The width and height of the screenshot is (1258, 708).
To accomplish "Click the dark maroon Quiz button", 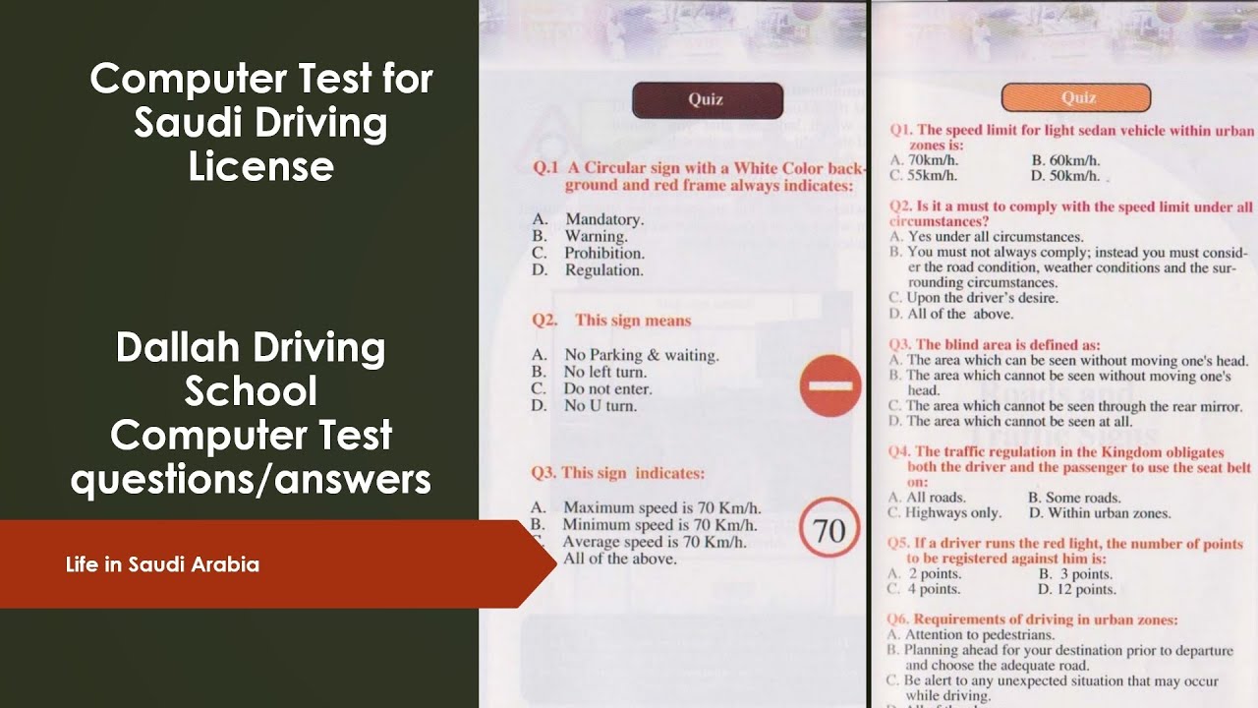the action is (708, 100).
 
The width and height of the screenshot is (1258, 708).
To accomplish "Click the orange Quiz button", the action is (1076, 97).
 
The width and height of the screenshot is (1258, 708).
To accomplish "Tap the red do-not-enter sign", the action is (830, 385).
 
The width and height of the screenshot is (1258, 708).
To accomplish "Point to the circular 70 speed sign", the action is (829, 527).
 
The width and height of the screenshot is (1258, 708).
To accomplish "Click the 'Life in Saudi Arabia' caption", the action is (162, 564).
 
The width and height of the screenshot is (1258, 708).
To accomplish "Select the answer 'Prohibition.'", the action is (604, 253).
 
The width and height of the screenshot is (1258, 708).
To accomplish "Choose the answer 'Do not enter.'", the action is (607, 388).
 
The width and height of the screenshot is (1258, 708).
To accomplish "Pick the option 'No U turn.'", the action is (600, 406).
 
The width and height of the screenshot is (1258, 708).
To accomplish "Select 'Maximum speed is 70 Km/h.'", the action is (662, 507).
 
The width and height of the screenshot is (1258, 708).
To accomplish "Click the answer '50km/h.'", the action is (1074, 176).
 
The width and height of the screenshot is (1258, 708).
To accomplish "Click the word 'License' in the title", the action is (261, 166).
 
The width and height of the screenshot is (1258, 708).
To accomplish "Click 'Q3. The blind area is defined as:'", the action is (995, 344).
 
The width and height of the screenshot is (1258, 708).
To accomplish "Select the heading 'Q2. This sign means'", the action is (611, 321).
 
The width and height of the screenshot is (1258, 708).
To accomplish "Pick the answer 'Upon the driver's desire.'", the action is (982, 298).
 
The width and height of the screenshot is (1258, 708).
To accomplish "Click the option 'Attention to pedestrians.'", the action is (980, 635).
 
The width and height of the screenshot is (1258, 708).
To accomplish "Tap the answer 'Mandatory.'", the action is (604, 219).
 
